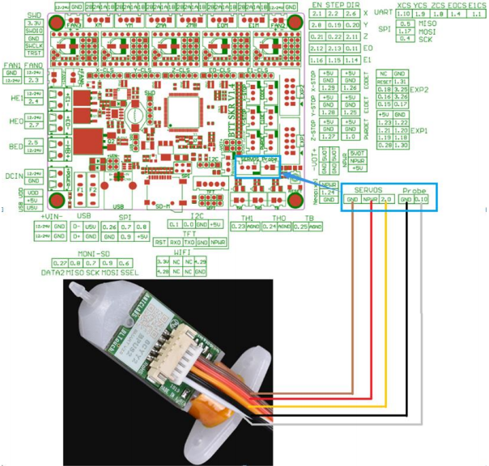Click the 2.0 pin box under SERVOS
click(x=385, y=199)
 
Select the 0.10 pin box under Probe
click(x=420, y=199)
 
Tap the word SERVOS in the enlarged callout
click(x=368, y=189)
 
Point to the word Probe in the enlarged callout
click(x=413, y=189)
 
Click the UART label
click(x=381, y=15)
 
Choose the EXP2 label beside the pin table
click(x=419, y=89)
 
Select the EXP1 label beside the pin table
click(x=419, y=129)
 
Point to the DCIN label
click(x=12, y=175)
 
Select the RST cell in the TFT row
click(x=161, y=241)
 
